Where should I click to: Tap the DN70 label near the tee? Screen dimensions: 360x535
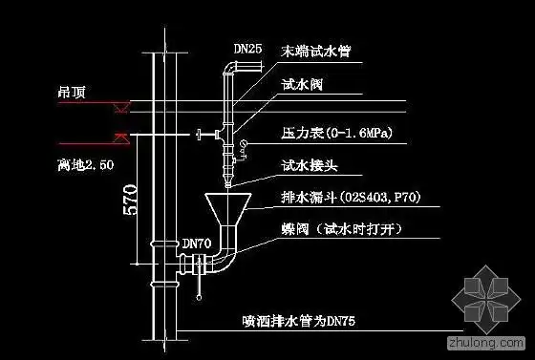[196, 244]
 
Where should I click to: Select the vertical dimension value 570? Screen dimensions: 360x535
[132, 203]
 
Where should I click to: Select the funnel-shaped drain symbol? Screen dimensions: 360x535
[228, 207]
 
